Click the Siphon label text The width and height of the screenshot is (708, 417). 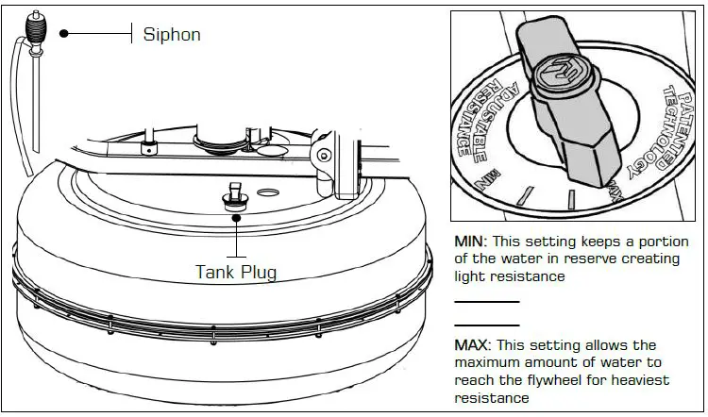(x=171, y=35)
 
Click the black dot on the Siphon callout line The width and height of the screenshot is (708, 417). (x=64, y=33)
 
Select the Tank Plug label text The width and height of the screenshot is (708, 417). (x=236, y=272)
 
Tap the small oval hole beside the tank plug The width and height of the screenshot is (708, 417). (x=268, y=192)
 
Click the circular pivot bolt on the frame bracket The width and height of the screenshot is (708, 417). (x=324, y=155)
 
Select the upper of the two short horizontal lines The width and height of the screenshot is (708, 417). (x=487, y=302)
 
